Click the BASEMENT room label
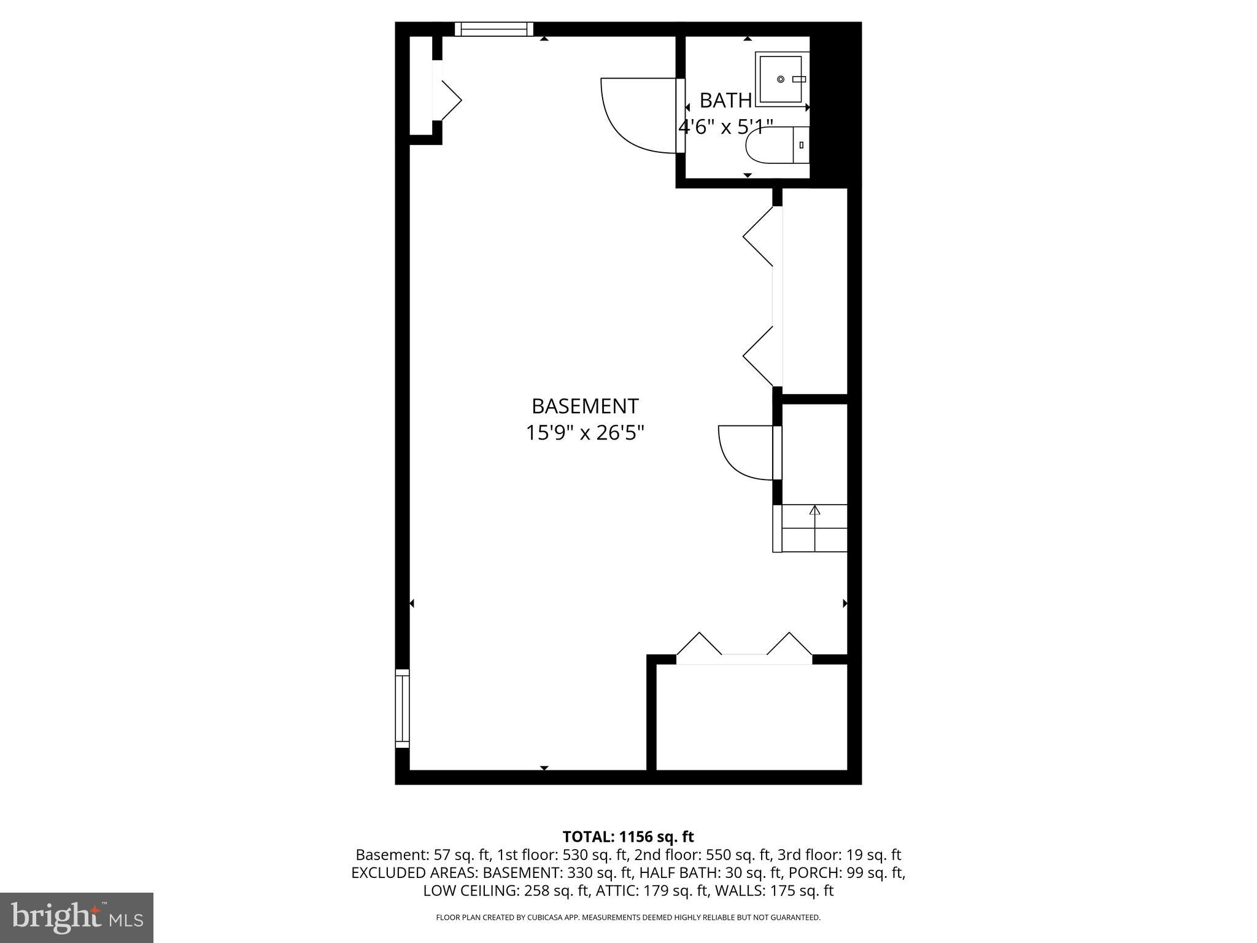click(x=584, y=406)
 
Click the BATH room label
click(x=725, y=100)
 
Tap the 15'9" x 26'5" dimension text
click(x=584, y=433)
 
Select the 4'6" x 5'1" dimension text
click(x=725, y=127)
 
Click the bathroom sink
click(x=781, y=79)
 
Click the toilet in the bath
click(x=776, y=145)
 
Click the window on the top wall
click(x=493, y=29)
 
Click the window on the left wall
click(x=402, y=708)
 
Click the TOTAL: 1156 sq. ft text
click(x=628, y=837)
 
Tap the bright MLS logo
click(x=77, y=917)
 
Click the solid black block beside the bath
click(x=836, y=104)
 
